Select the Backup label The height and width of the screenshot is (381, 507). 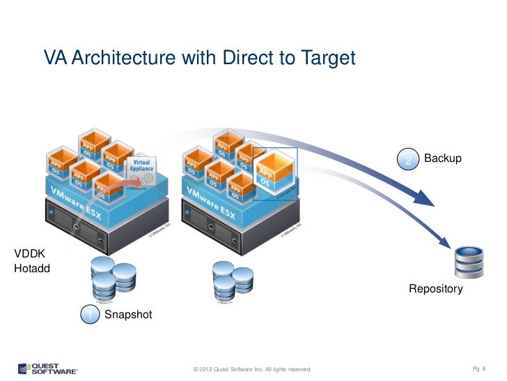tap(442, 159)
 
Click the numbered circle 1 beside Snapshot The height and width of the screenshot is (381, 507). tap(89, 317)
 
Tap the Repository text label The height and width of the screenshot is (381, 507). tap(435, 288)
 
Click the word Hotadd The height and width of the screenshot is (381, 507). tap(32, 269)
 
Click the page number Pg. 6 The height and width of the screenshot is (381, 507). tap(482, 368)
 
